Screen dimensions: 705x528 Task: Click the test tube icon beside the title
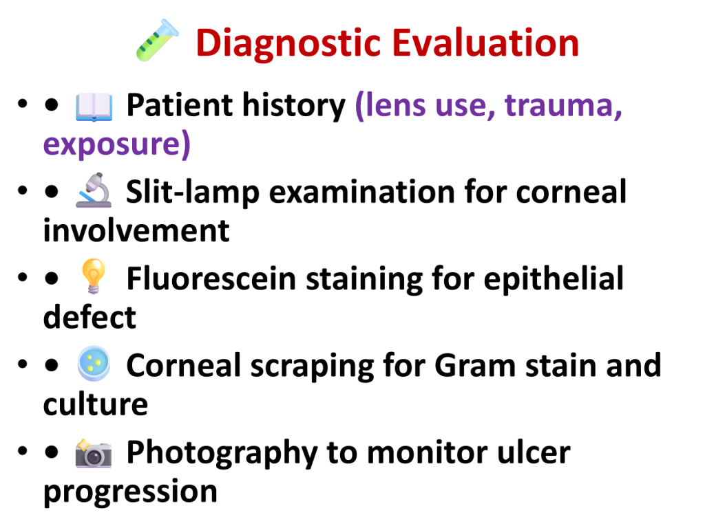coord(158,40)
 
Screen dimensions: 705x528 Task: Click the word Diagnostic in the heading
coord(288,44)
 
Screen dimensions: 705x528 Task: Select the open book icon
coord(94,107)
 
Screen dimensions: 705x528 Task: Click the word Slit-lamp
coord(193,193)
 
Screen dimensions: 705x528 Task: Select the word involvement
coord(136,231)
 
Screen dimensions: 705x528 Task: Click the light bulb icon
coord(93,276)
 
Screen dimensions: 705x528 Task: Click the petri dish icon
coord(94,364)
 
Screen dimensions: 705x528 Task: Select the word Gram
coord(475,366)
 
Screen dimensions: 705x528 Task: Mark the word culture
coord(95,404)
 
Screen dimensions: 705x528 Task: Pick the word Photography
coord(222,454)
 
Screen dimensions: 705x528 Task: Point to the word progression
coord(130,492)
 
